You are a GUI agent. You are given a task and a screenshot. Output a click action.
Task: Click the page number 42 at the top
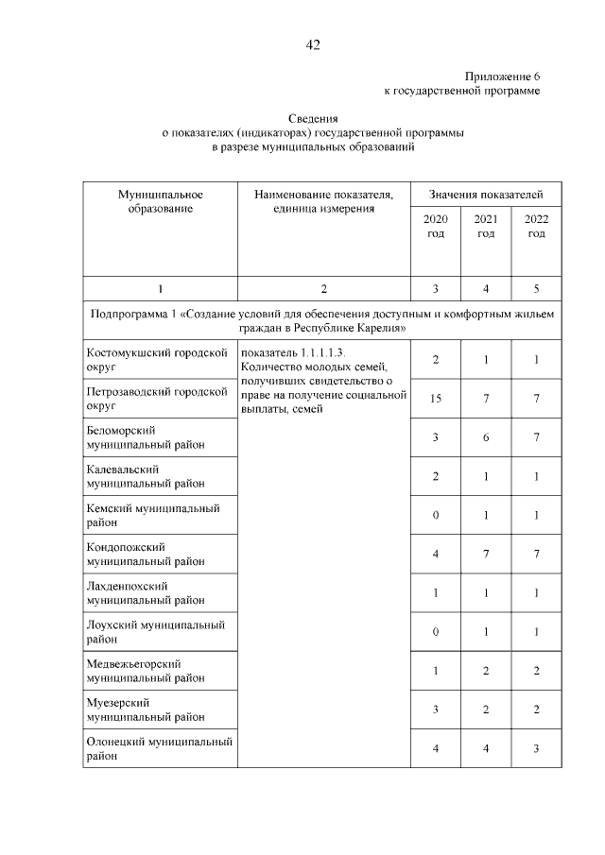coord(313,45)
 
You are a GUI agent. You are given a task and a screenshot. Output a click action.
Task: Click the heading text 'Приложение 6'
coord(502,76)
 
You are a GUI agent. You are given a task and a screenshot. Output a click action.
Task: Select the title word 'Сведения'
coord(313,118)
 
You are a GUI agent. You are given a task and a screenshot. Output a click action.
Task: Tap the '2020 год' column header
coord(436,226)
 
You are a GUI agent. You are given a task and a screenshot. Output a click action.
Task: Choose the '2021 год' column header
coord(486,226)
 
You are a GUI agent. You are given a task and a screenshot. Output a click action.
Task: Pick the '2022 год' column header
coord(536,226)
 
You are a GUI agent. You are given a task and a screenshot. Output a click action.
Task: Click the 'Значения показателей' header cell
coord(486,194)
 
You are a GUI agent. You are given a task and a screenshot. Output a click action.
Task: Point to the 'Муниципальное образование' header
coord(160,200)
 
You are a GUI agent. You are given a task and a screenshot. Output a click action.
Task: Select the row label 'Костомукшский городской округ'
coord(158,360)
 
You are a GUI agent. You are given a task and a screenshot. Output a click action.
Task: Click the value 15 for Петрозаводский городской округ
coord(436,399)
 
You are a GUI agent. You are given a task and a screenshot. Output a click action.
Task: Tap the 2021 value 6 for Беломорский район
coord(486,437)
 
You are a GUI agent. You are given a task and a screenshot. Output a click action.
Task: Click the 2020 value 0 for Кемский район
coord(436,515)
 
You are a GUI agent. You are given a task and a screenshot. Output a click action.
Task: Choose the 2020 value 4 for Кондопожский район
coord(436,554)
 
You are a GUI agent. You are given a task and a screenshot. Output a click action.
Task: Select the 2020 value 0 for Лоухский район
coord(436,631)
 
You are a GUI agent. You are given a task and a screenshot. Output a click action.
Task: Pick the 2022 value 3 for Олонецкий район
coord(536,748)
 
